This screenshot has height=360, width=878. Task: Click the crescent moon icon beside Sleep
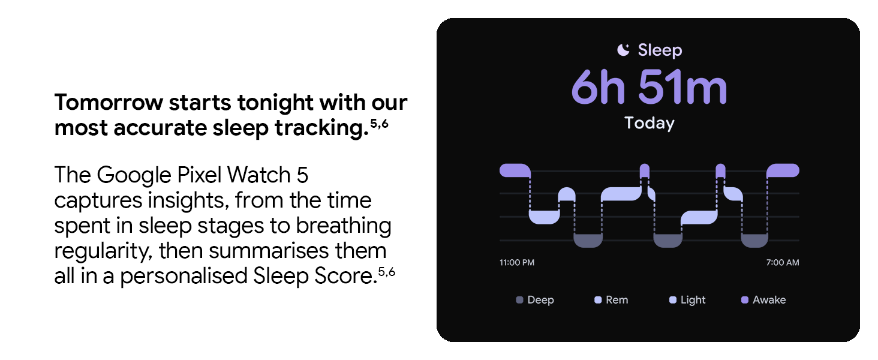(623, 50)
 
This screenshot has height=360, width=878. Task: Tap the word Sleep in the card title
(660, 50)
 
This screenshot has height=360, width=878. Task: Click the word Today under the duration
(650, 123)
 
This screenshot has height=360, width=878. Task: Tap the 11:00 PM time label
(516, 262)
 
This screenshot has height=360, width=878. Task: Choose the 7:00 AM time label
(783, 262)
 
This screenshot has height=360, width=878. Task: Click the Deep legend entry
(535, 300)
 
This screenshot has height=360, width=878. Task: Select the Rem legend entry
(611, 300)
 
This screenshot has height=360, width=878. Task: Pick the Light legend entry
(687, 300)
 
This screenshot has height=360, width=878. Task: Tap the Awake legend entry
(763, 300)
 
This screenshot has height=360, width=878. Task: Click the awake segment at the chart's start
(515, 170)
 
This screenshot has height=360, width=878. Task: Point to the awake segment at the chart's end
(783, 170)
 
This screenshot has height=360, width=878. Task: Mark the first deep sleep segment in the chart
(588, 241)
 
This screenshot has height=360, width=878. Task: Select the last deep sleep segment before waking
(754, 241)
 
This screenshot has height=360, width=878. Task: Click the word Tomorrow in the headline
(109, 103)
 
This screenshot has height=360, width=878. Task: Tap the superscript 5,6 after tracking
(380, 124)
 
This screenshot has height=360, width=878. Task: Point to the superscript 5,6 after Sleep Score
(386, 272)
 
